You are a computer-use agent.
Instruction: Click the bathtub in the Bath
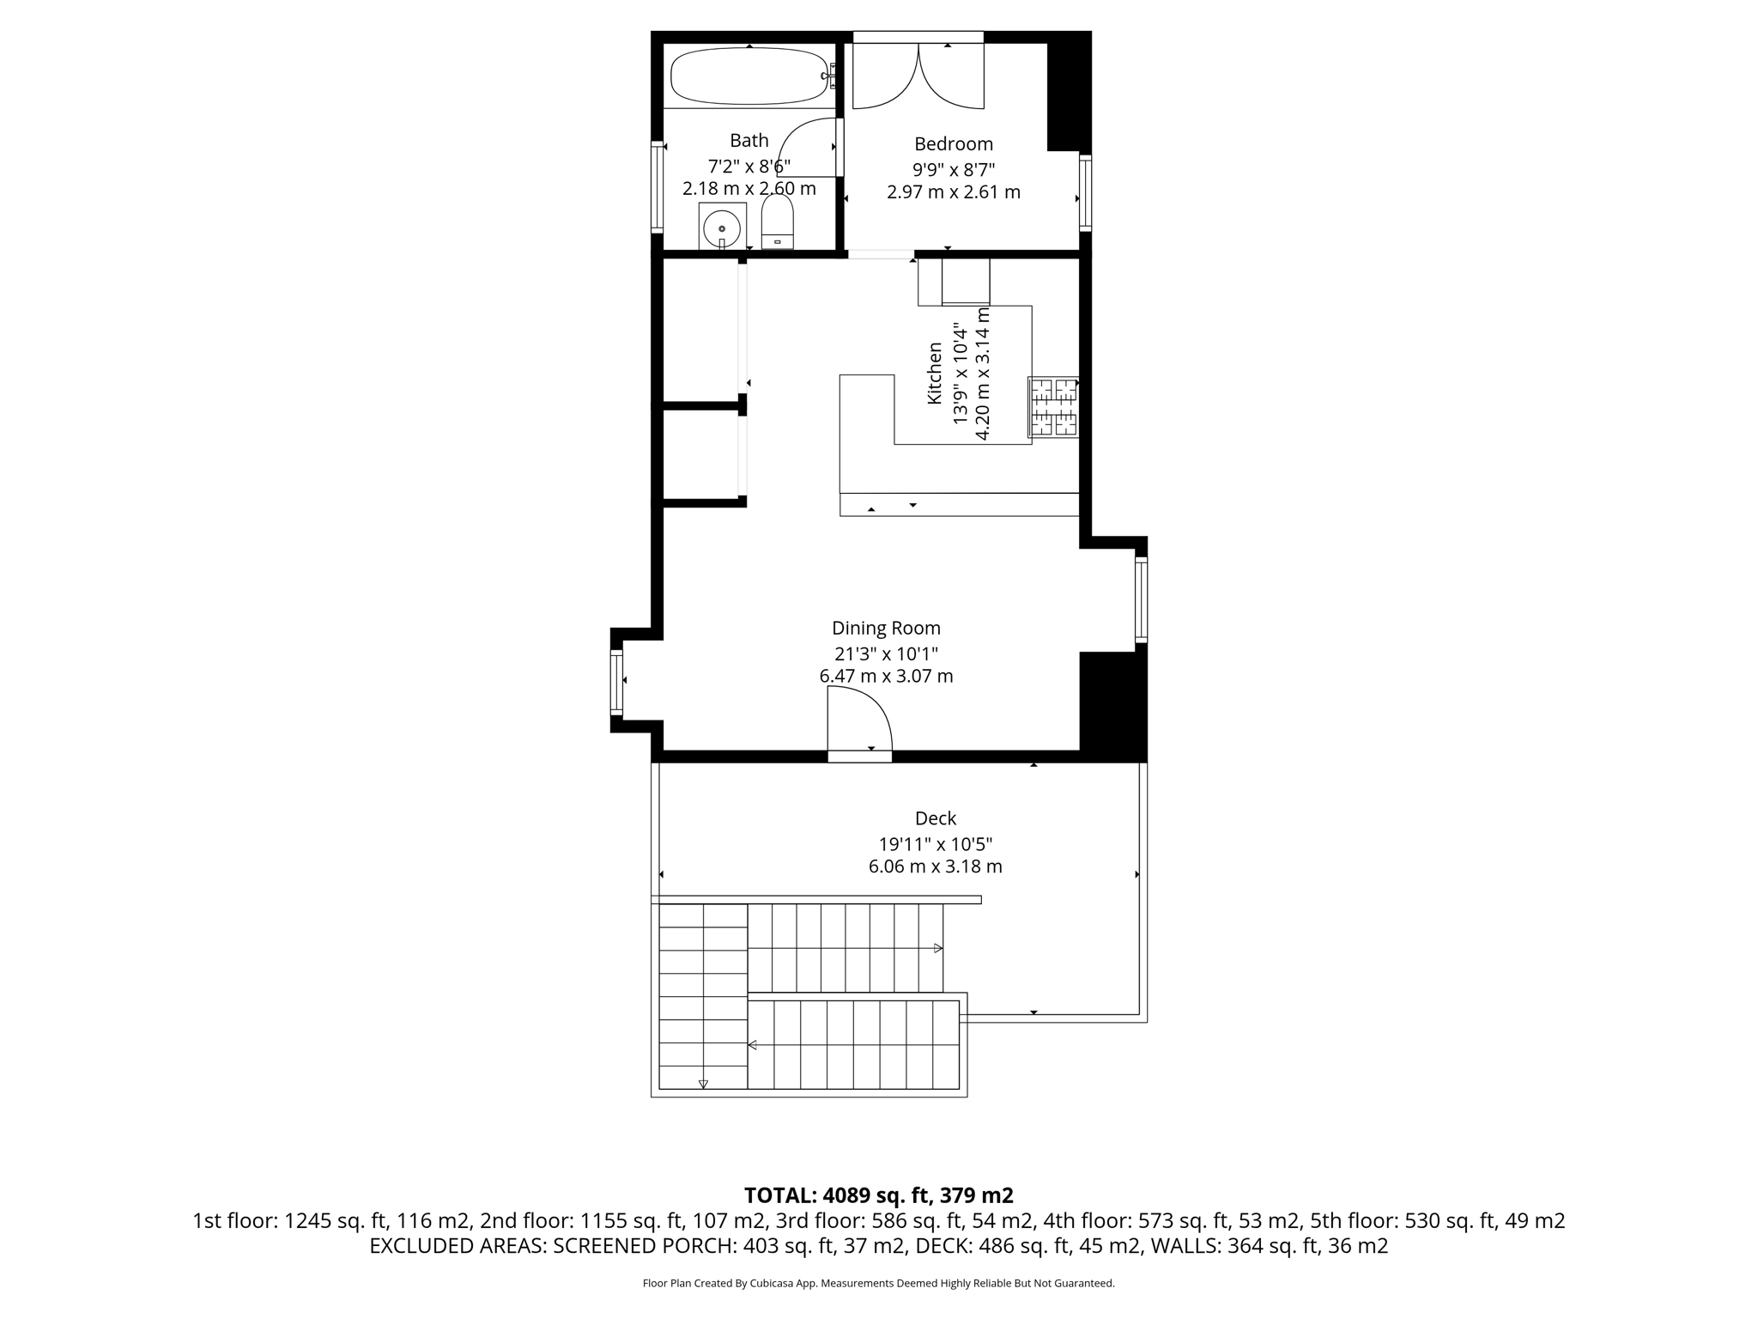point(749,76)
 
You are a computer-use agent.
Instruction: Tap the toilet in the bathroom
point(778,222)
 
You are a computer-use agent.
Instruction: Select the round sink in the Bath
point(722,228)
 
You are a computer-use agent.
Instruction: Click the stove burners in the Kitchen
point(1053,406)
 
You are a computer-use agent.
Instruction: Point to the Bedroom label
point(953,144)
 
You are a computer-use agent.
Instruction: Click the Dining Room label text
point(886,628)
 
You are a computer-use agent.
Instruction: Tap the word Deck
point(935,818)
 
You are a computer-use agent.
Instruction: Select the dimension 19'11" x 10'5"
point(935,843)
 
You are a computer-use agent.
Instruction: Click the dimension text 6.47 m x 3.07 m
point(886,676)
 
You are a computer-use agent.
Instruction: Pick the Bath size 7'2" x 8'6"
point(749,166)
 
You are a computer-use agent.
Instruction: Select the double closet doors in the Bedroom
point(918,77)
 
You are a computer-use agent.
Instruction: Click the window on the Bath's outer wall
point(657,186)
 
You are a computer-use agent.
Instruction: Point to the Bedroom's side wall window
point(1085,193)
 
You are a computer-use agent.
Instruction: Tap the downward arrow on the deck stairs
point(703,1084)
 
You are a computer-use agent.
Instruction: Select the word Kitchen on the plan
point(935,374)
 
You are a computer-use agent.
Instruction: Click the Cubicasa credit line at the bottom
point(878,1284)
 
